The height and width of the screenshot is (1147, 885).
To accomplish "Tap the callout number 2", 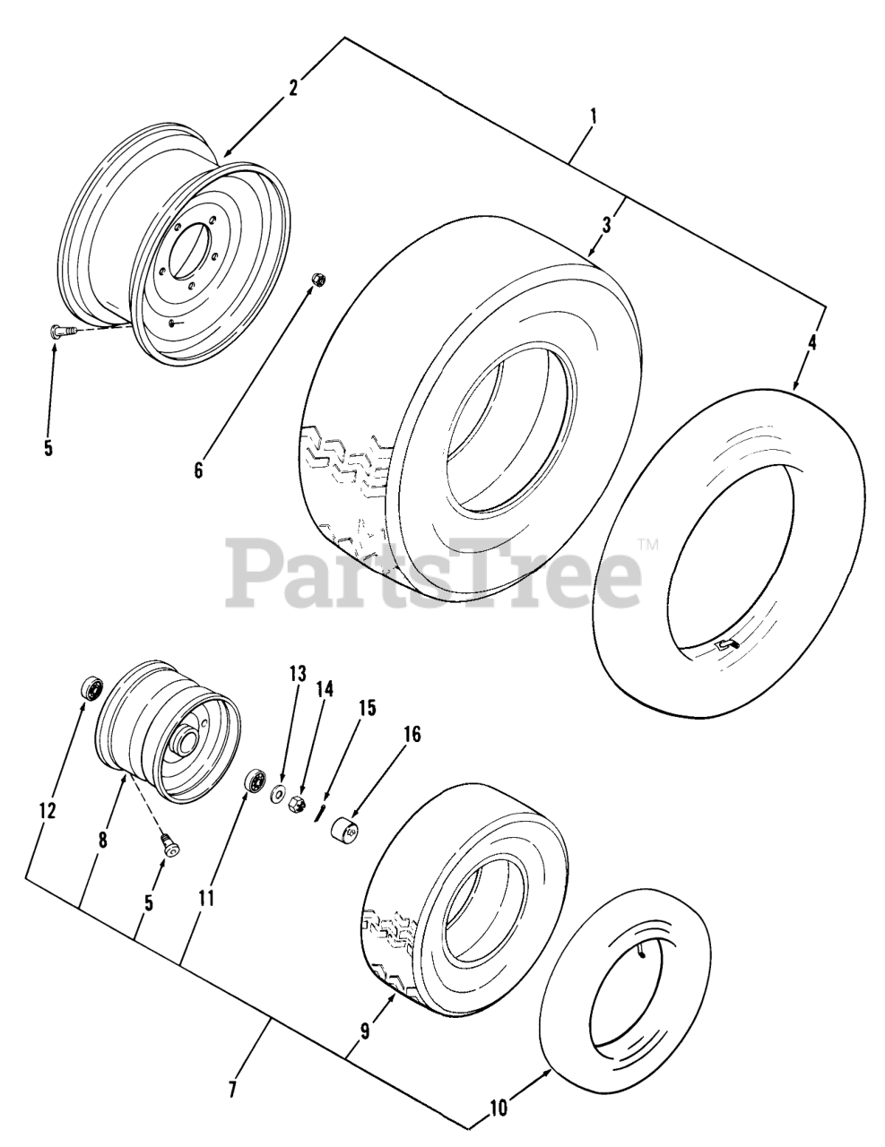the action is point(293,87).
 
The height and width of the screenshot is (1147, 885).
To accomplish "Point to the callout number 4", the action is point(811,342).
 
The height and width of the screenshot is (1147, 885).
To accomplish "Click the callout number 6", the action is point(199,469).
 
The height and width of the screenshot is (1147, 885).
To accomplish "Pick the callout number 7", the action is point(232,1090).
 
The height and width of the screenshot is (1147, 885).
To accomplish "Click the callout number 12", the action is point(48,810).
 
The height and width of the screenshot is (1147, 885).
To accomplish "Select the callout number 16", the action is point(411,734).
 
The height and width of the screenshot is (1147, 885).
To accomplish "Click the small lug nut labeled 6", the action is point(317,280).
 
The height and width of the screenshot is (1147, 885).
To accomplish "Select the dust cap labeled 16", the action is point(347,830).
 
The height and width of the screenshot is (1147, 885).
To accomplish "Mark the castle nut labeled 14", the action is point(298,799).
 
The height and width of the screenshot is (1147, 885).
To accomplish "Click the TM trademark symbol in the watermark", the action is point(647,542).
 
